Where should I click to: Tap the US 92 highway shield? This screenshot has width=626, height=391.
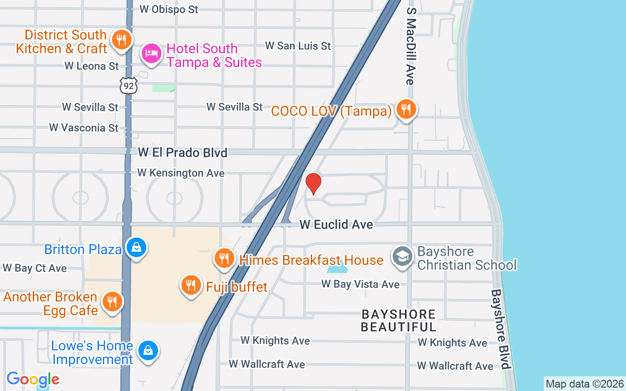click(x=128, y=86)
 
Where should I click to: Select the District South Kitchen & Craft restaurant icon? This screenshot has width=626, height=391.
click(x=121, y=40)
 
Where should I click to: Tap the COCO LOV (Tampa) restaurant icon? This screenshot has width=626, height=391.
click(x=406, y=109)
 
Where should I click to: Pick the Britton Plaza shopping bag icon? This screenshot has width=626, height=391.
click(x=136, y=247)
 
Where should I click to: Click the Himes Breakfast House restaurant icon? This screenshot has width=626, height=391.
click(x=224, y=258)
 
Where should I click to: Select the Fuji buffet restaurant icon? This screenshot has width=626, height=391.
click(x=191, y=285)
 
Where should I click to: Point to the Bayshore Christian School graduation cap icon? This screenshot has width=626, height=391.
click(x=402, y=256)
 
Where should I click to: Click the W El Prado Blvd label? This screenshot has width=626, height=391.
click(x=182, y=153)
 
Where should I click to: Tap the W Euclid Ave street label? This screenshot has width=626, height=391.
click(x=336, y=224)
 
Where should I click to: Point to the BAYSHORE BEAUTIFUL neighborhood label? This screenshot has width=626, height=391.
click(x=398, y=320)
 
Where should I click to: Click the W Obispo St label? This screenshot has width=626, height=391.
click(x=169, y=9)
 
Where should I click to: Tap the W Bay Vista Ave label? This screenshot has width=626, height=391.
click(x=360, y=284)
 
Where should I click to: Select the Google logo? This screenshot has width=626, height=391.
click(x=33, y=379)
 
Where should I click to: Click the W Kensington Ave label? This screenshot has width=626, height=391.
click(x=181, y=173)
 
